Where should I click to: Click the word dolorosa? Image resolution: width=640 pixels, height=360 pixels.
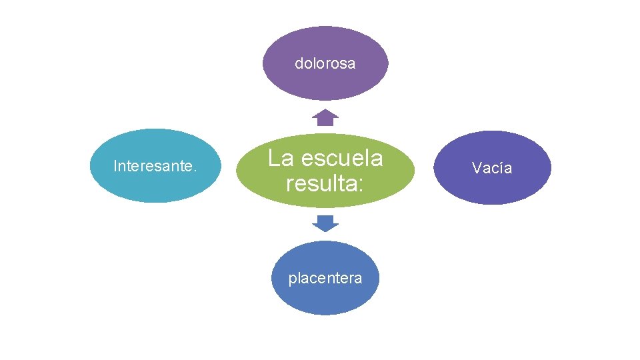[x=325, y=64]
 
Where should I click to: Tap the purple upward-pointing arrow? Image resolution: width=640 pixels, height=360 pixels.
[x=325, y=117]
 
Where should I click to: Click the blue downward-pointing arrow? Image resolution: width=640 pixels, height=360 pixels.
[x=325, y=223]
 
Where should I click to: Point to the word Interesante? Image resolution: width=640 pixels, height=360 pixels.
[x=153, y=166]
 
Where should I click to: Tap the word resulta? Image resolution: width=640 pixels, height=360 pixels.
[x=321, y=183]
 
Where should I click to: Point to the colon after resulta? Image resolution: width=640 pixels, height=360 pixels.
[x=360, y=185]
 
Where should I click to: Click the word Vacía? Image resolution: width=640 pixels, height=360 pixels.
[x=492, y=167]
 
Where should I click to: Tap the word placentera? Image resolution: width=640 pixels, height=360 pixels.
[x=325, y=278]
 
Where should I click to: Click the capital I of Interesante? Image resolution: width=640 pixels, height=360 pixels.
[x=115, y=166]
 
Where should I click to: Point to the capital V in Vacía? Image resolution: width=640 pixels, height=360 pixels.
[x=477, y=167]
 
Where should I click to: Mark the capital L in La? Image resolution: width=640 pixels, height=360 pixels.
[x=273, y=159]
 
